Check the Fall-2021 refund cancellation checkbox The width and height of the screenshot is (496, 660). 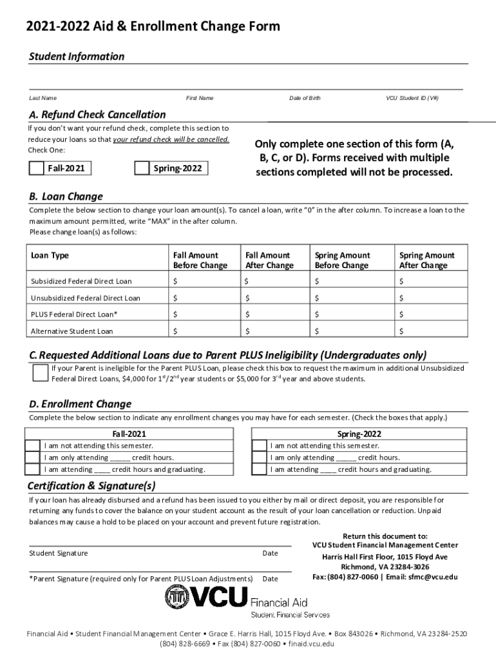coord(37,168)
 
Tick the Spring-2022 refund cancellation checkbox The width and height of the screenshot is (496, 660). coord(142,168)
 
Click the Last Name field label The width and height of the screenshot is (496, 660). coord(43,98)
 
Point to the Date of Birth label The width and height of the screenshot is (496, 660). coord(305,98)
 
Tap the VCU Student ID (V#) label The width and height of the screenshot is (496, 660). coord(412,98)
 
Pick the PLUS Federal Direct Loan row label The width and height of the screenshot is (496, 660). coord(74,315)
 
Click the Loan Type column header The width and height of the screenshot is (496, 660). coord(50,255)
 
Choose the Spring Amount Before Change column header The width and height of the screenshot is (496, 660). coord(342,260)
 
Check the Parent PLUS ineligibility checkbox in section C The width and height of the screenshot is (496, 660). coord(40,373)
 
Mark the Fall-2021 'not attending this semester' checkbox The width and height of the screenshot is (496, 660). coord(32,445)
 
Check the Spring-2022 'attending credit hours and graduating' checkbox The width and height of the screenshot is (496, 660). coord(259,469)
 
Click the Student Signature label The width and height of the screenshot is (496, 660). coord(59,553)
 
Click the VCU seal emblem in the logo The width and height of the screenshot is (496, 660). coord(178,597)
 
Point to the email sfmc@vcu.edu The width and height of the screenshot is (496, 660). coord(433,577)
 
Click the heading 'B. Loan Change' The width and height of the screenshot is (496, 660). coord(66,197)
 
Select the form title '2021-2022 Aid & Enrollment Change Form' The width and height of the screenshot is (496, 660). coord(153,26)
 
